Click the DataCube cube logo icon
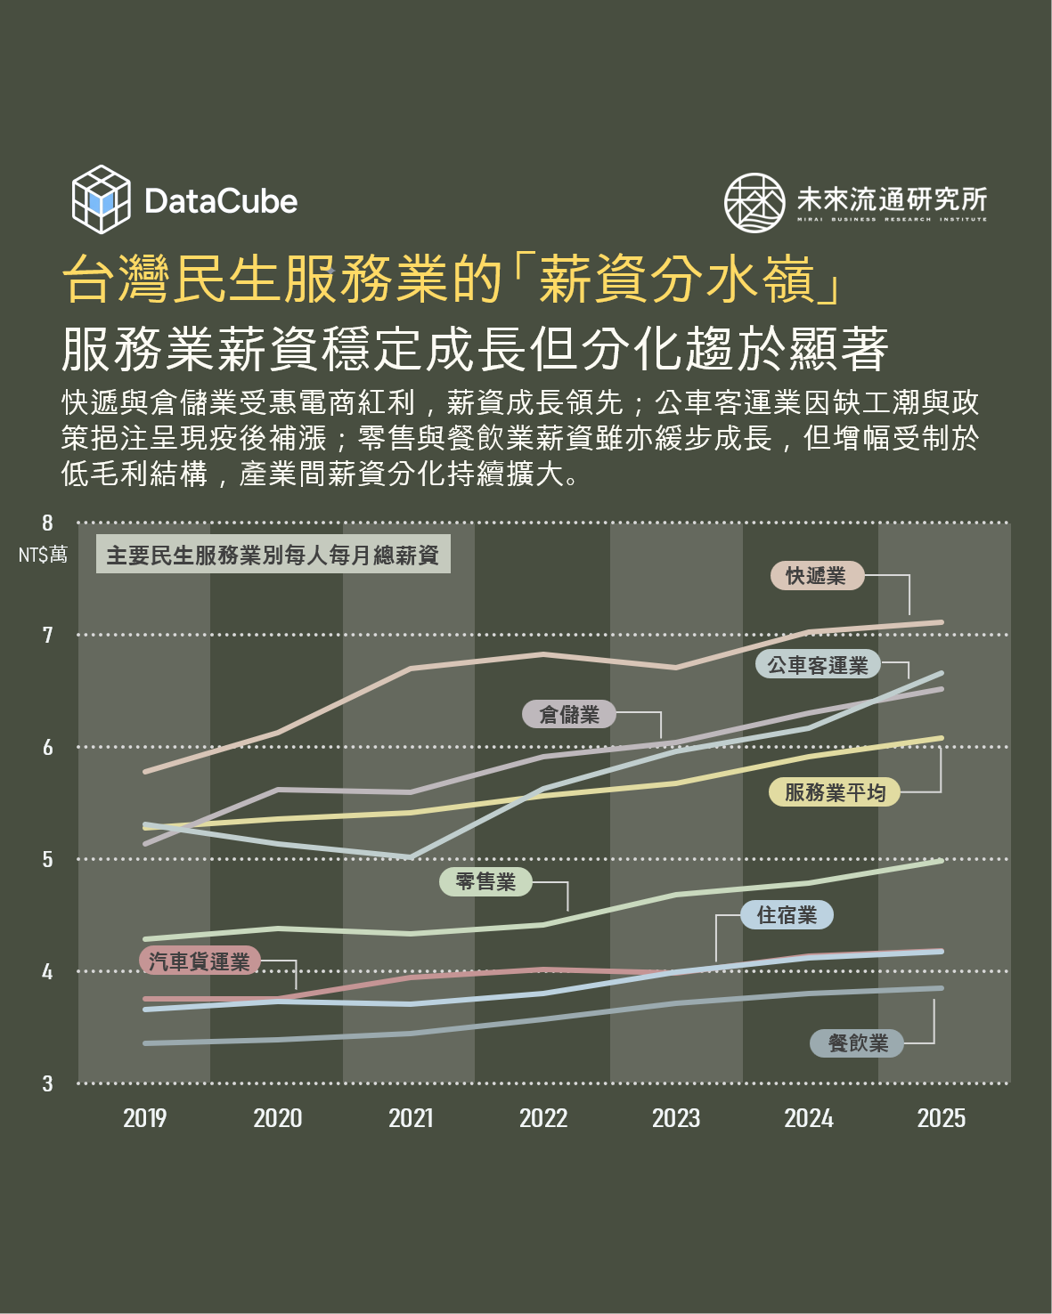coord(102,199)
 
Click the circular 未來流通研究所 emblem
coord(754,203)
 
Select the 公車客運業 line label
coord(818,665)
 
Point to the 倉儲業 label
coord(569,714)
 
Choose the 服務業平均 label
coord(835,792)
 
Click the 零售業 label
coord(485,881)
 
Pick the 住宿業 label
coord(787,915)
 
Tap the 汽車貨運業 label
coord(200,961)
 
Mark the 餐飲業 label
coord(857,1043)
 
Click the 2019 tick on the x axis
coord(145,1118)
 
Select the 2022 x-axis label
coord(543,1118)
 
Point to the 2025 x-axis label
coord(942,1118)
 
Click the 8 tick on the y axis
coord(48,523)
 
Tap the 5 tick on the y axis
coord(48,860)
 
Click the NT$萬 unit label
coord(43,556)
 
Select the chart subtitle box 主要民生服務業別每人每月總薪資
coord(273,556)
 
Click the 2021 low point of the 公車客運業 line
coord(411,856)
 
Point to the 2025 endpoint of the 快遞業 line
coord(941,622)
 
